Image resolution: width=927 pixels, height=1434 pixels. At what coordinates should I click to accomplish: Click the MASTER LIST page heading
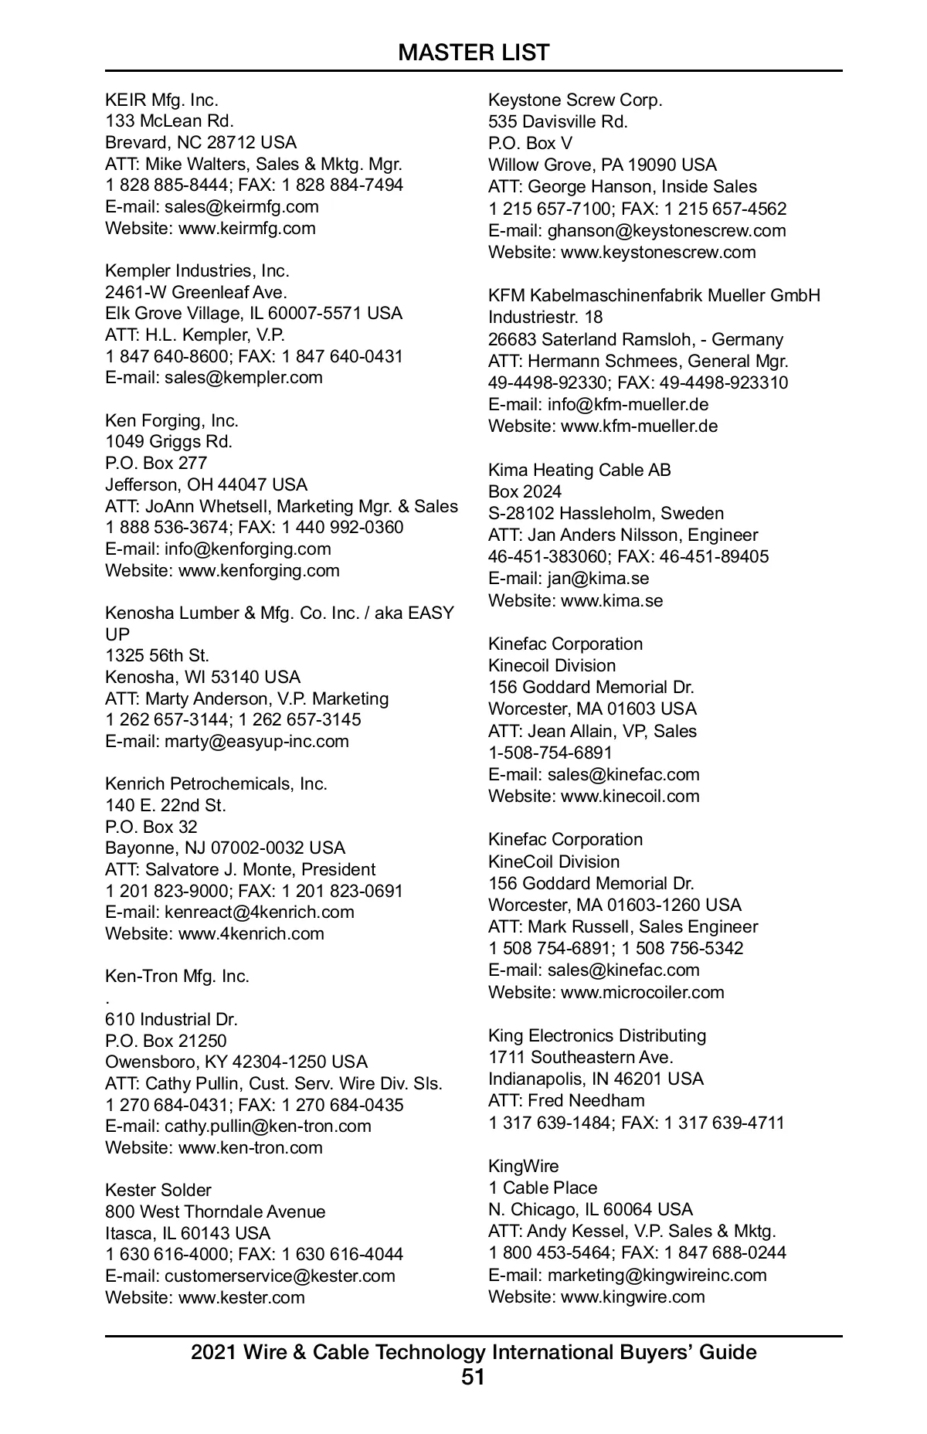[474, 53]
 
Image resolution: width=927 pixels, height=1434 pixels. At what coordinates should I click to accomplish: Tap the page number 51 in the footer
[473, 1377]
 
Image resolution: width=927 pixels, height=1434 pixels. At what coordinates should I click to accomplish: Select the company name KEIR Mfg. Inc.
[161, 100]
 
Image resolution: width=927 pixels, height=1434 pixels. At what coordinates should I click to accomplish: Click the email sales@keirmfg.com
[241, 206]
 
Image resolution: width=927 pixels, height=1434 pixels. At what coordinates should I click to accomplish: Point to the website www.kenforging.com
[259, 570]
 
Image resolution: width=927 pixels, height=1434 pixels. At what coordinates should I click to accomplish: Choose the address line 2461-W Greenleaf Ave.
[196, 292]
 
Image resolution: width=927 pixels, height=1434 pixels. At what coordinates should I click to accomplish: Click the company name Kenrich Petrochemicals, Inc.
[216, 783]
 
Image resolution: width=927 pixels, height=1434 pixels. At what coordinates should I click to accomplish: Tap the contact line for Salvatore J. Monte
[240, 869]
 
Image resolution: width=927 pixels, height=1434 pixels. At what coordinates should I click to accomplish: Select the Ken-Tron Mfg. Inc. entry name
[177, 976]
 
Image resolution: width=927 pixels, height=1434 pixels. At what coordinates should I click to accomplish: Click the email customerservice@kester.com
[280, 1276]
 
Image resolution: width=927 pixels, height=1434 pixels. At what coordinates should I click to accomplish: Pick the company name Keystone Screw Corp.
[576, 100]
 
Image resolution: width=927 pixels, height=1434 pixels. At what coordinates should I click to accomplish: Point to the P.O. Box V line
[530, 143]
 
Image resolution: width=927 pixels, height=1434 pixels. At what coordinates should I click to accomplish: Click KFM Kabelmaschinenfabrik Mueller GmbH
[654, 295]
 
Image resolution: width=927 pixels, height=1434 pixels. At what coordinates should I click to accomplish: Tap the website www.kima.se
[612, 600]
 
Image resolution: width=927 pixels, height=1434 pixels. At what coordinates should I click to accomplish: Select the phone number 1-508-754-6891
[550, 753]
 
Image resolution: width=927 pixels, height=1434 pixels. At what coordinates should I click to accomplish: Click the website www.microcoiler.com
[643, 992]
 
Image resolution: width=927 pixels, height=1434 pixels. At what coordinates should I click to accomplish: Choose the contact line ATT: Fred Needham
[566, 1100]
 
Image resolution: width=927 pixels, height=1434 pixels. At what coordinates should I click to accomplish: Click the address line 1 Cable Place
[542, 1188]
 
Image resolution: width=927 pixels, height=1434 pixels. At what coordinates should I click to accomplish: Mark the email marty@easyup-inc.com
[256, 741]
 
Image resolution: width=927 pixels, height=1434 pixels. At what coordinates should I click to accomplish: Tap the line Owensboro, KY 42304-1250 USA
[236, 1062]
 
